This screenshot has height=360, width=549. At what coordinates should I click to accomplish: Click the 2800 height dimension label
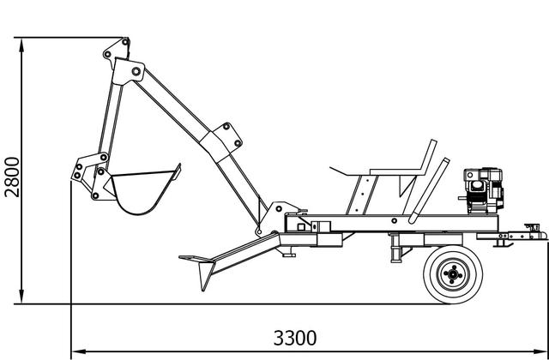[11, 177]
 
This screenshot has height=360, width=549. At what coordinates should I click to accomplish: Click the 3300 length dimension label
[295, 338]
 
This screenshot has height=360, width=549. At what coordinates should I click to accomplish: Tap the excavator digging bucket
[143, 190]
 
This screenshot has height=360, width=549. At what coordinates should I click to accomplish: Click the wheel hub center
[453, 274]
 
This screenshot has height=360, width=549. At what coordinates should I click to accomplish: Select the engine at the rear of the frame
[483, 190]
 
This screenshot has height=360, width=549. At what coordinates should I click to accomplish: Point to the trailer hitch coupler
[532, 232]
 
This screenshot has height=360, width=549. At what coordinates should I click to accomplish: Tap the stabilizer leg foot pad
[196, 259]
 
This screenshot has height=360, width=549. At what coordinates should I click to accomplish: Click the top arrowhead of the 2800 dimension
[21, 45]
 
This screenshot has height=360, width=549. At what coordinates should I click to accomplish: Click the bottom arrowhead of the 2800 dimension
[21, 297]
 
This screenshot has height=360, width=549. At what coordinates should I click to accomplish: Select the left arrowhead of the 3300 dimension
[78, 351]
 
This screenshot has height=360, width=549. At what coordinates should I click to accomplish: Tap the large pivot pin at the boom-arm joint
[136, 71]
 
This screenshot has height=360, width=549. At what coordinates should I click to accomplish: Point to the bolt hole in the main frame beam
[395, 220]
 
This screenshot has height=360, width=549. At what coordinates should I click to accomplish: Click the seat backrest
[429, 157]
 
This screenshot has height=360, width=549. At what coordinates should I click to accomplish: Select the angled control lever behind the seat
[428, 190]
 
